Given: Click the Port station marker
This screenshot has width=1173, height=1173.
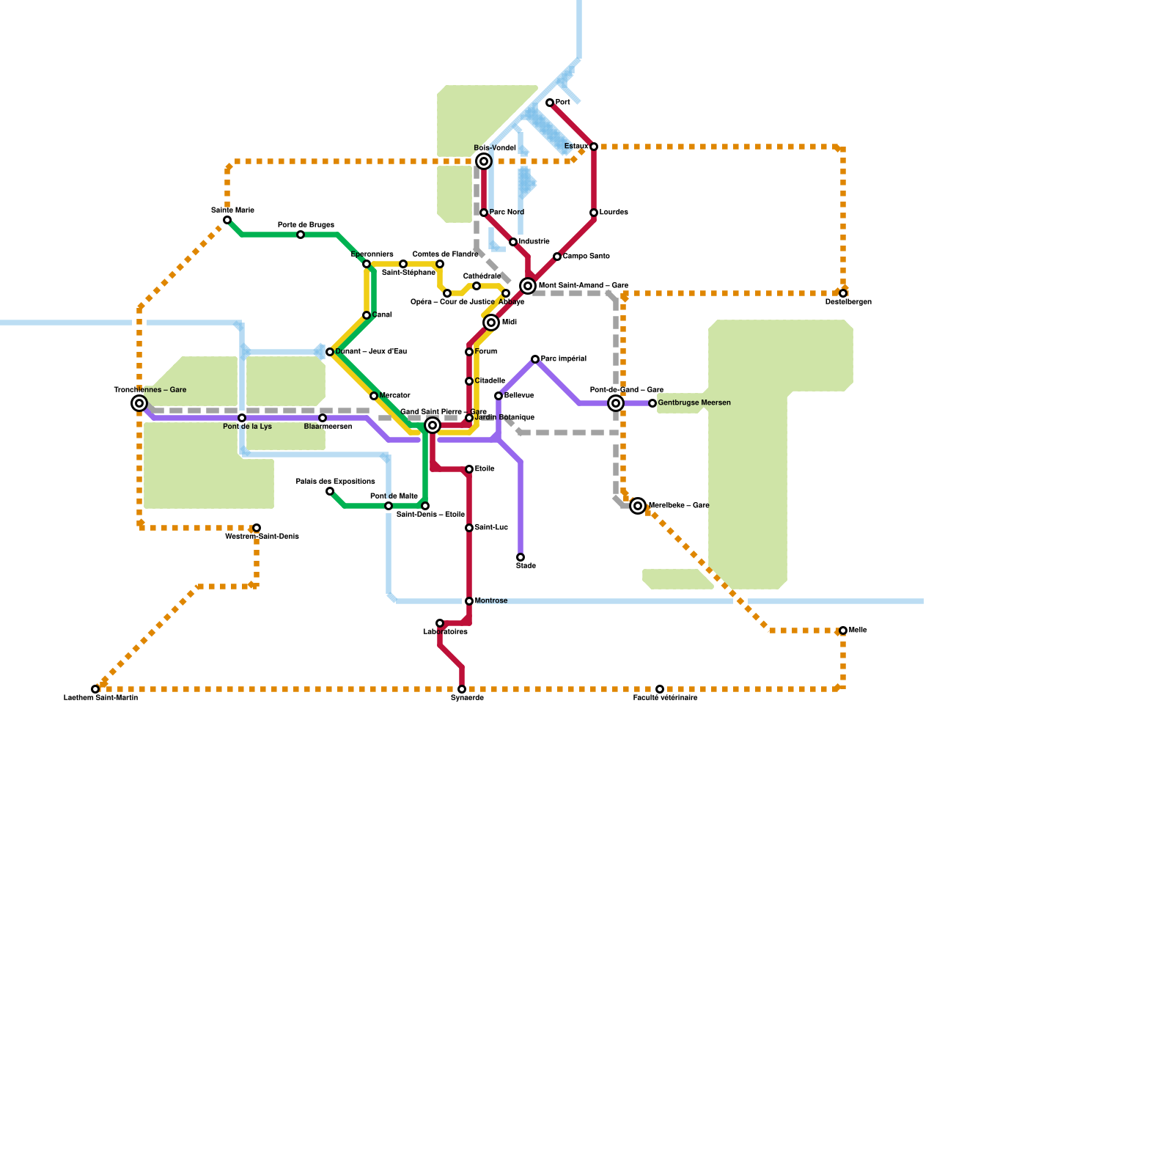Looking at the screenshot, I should (x=550, y=103).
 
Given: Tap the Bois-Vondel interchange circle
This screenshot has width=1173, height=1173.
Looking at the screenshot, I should (x=484, y=161).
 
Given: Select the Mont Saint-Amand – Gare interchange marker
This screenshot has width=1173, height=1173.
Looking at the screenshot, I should (x=528, y=286).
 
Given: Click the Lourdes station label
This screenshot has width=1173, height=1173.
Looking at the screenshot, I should (x=614, y=213).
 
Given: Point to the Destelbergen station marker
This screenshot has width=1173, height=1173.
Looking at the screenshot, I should (x=843, y=293).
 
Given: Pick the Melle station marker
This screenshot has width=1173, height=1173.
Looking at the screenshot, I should (x=843, y=630).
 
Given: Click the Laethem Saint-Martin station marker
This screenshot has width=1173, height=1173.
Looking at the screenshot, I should (x=95, y=689).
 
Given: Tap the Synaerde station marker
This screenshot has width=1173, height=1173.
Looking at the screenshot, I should (x=462, y=689).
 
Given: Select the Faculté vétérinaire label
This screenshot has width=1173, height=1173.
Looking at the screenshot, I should (x=665, y=698).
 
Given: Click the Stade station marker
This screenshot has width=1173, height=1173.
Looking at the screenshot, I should (x=521, y=557).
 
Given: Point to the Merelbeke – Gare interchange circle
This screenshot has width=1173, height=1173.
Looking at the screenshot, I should (x=638, y=506).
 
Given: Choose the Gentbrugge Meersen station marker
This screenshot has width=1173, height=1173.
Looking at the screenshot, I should (x=652, y=403).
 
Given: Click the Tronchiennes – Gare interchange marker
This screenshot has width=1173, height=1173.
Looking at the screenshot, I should (x=139, y=403).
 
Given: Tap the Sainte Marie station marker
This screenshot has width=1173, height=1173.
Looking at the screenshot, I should (x=227, y=220).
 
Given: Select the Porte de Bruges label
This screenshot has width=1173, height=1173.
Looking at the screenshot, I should (x=306, y=225).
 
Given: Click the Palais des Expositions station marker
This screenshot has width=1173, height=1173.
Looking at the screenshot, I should (x=330, y=491).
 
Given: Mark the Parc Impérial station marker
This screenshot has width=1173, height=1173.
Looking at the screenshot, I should (x=535, y=359).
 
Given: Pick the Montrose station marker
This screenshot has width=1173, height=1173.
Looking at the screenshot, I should (x=469, y=601).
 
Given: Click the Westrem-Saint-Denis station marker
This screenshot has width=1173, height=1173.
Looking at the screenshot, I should (x=257, y=528).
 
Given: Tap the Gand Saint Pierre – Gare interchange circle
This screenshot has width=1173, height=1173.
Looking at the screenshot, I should (x=433, y=425).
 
